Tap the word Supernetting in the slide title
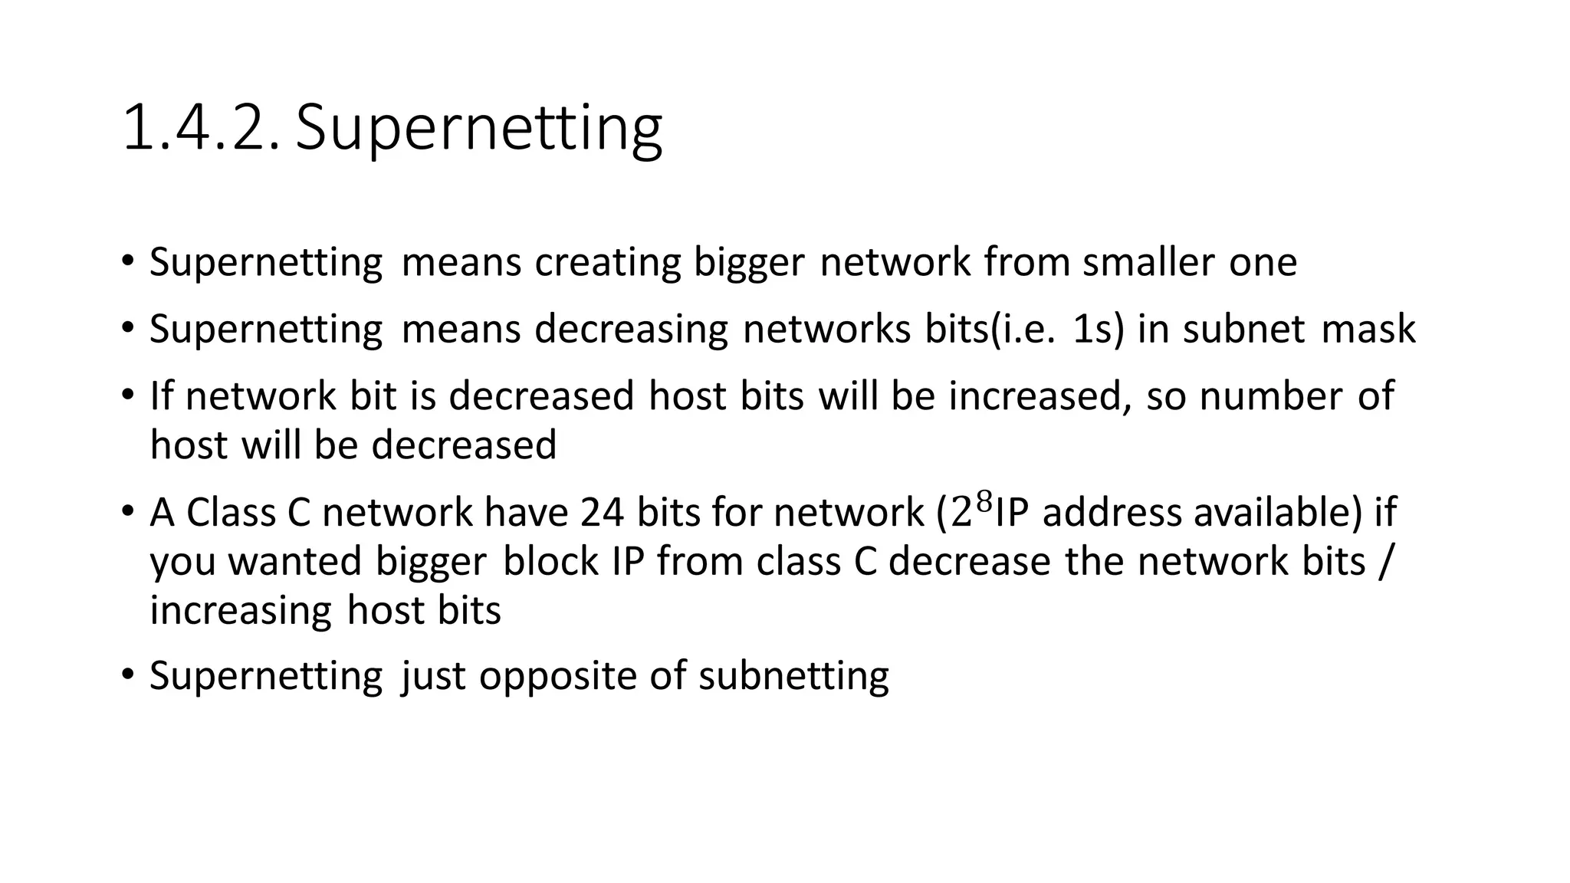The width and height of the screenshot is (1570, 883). tap(479, 128)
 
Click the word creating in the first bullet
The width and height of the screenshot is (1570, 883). tap(607, 262)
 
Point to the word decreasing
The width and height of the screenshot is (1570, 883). tap(631, 329)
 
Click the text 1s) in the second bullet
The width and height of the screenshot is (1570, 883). tap(1099, 329)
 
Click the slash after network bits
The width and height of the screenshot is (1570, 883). tap(1383, 561)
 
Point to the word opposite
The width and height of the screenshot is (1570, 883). tap(558, 676)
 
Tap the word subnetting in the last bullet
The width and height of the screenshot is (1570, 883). tap(793, 676)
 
